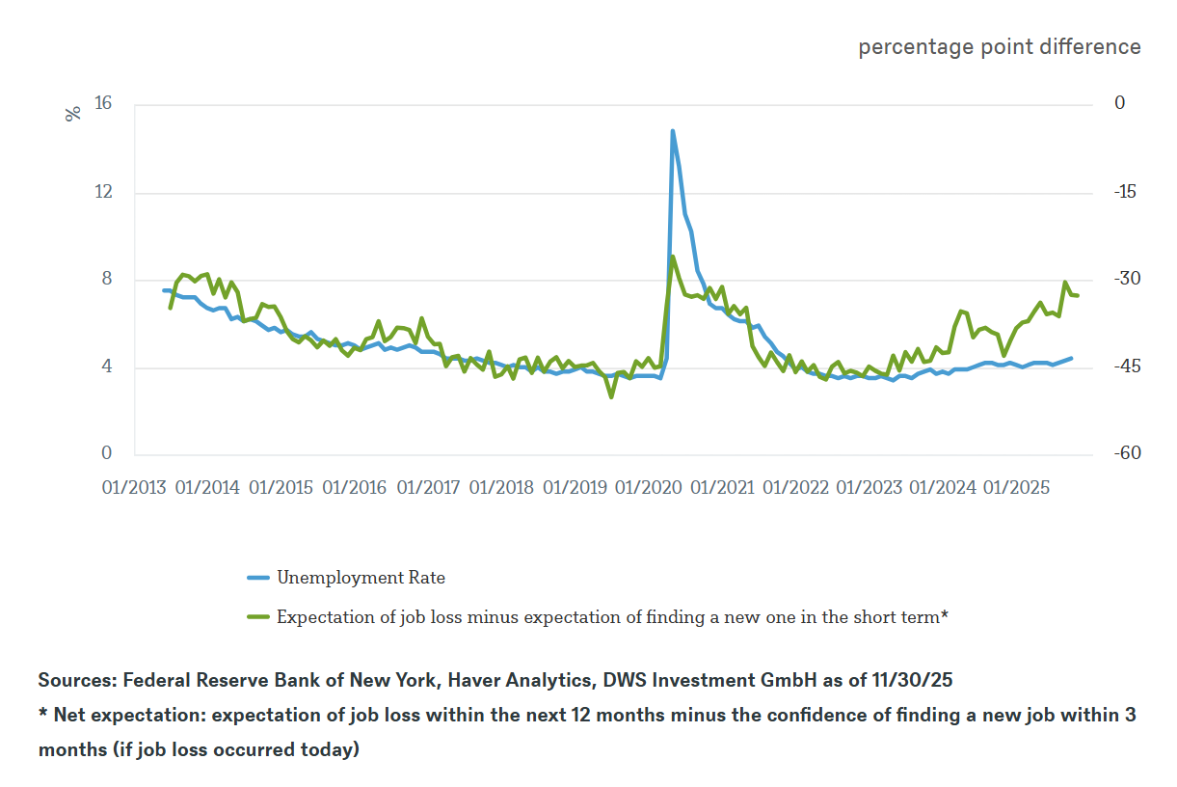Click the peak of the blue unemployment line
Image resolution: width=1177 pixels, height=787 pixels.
click(672, 131)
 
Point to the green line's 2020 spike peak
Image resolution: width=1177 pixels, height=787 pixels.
click(672, 257)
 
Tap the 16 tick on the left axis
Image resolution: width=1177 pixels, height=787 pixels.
click(102, 104)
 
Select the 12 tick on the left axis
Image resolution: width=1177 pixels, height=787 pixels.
click(102, 192)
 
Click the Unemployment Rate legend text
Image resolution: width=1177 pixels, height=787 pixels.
click(361, 578)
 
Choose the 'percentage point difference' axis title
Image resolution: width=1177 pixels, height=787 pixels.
click(999, 47)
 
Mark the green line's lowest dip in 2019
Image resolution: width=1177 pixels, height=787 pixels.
click(611, 396)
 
